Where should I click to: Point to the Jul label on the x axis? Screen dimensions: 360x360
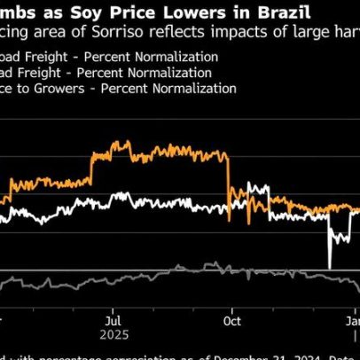pyautogui.click(x=113, y=320)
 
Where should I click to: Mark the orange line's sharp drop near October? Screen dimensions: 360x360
pyautogui.click(x=229, y=177)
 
